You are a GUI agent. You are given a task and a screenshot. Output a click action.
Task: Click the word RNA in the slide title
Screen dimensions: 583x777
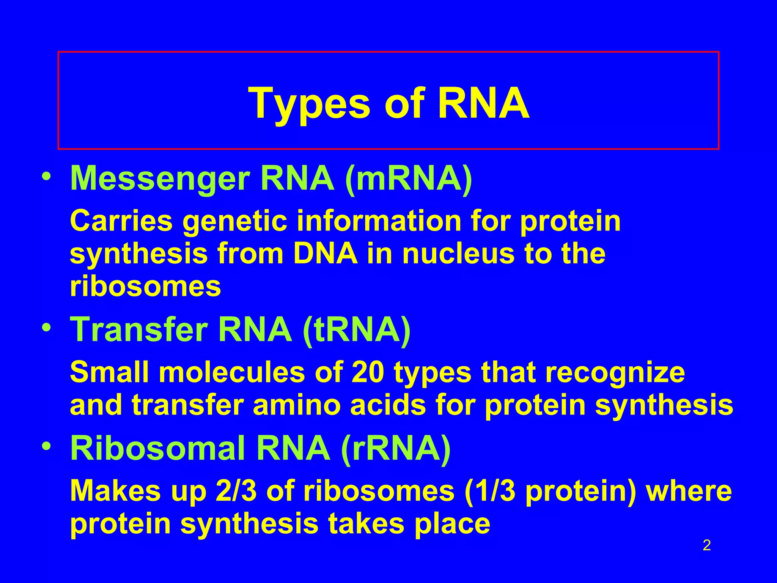(483, 103)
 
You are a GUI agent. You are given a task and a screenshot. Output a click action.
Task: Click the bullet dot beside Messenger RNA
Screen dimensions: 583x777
(46, 177)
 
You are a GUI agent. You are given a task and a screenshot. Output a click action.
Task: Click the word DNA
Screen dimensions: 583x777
(326, 254)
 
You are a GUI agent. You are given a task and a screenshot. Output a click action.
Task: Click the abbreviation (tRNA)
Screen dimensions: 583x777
(357, 330)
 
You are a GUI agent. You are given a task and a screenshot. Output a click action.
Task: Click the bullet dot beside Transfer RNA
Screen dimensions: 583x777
(46, 328)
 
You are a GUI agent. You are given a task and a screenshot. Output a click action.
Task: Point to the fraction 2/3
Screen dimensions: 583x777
(237, 491)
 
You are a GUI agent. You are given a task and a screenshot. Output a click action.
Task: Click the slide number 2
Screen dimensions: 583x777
(707, 546)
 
